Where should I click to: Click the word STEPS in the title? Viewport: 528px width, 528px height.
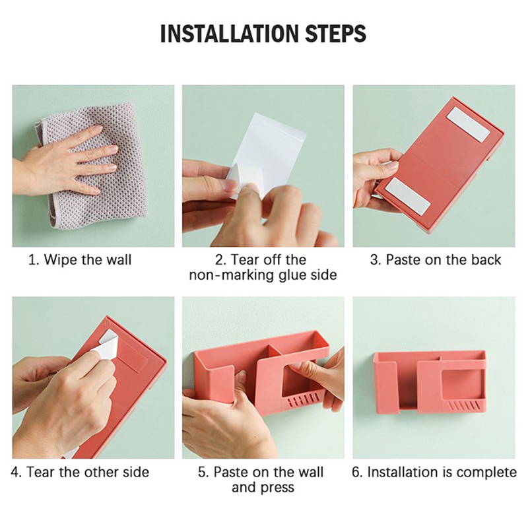tap(336, 34)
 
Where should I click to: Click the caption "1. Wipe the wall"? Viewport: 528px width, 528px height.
tap(80, 260)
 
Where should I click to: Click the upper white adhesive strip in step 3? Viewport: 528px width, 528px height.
tap(469, 124)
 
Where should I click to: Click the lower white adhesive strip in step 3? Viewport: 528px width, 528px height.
tap(408, 196)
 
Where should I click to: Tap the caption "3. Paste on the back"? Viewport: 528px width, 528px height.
tap(436, 260)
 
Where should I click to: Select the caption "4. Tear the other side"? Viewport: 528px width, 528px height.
tap(80, 472)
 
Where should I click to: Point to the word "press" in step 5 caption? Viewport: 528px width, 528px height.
tap(278, 488)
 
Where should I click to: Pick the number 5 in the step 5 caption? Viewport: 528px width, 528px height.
tap(202, 472)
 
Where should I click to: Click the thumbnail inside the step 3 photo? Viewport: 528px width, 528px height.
tap(391, 166)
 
